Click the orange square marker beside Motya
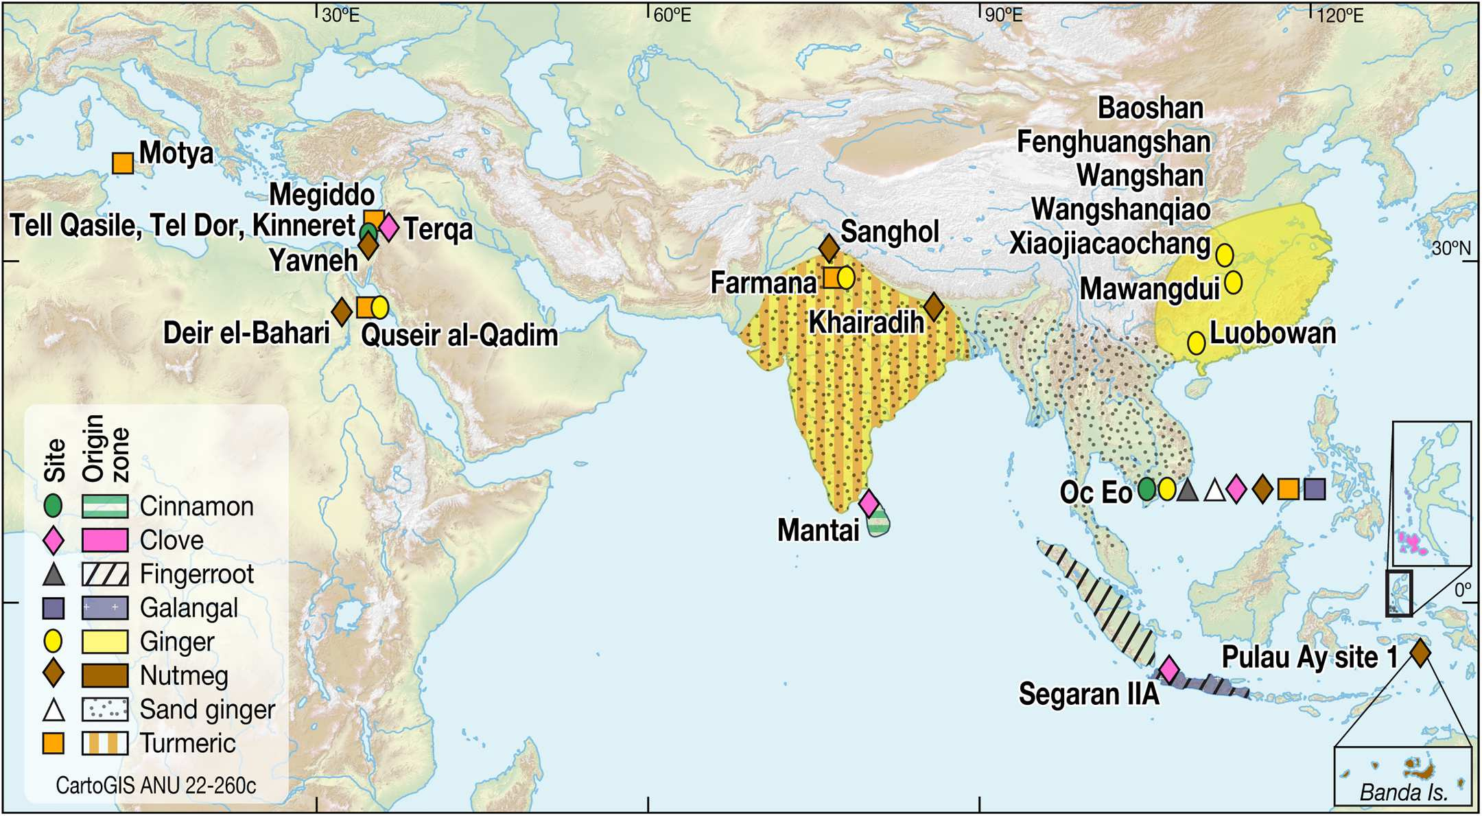123,163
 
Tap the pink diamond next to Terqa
388,228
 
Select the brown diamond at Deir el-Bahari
342,312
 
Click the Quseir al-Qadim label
459,336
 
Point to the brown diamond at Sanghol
829,248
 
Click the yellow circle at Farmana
846,278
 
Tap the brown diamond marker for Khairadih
933,307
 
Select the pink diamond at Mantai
869,503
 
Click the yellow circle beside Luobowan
1196,342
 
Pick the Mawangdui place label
1149,290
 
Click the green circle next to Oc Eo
1146,489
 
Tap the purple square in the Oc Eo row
1315,489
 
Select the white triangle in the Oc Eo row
1214,491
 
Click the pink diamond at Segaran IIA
1169,668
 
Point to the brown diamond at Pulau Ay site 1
1420,652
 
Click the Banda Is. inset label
1403,793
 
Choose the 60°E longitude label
672,15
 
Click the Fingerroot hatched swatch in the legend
105,574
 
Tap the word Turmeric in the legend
187,743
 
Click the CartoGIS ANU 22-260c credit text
156,785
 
